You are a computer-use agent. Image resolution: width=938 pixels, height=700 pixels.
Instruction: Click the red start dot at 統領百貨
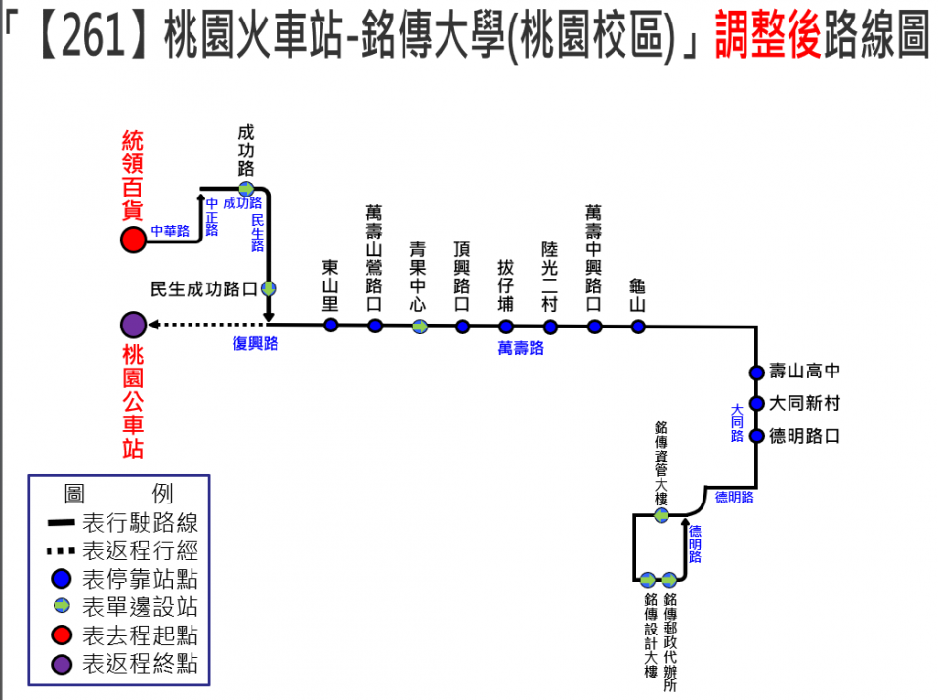click(x=133, y=240)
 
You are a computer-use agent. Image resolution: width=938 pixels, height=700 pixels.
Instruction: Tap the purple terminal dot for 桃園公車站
click(x=133, y=325)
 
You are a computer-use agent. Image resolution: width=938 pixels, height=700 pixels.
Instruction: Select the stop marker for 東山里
click(x=331, y=325)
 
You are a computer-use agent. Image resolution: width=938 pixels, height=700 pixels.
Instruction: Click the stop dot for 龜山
click(x=638, y=326)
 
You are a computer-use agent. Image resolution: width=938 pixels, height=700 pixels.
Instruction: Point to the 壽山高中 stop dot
click(x=756, y=372)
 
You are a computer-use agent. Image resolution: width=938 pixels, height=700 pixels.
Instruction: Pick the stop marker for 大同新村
click(x=756, y=403)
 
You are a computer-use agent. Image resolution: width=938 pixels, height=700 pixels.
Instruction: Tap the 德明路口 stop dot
click(x=756, y=436)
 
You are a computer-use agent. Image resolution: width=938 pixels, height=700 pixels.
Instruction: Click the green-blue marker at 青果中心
click(x=419, y=326)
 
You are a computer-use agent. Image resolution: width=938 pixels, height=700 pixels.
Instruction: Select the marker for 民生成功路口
click(x=267, y=288)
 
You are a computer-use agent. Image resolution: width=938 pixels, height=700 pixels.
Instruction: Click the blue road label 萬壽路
click(x=521, y=347)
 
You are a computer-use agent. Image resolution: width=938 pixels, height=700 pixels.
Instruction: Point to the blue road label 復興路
click(x=255, y=343)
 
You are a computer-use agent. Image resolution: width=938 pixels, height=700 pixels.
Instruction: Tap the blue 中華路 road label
click(x=170, y=232)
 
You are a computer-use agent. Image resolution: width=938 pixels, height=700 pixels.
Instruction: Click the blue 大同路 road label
click(x=738, y=422)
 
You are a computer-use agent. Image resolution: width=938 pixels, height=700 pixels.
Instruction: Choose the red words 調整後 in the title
click(x=767, y=37)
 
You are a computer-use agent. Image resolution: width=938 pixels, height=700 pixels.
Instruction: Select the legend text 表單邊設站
click(x=141, y=607)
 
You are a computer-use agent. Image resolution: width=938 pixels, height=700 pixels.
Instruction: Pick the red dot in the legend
click(x=62, y=635)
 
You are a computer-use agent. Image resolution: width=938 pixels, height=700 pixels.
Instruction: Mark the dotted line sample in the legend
click(x=61, y=550)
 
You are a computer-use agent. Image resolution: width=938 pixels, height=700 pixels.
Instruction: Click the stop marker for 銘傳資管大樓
click(x=661, y=515)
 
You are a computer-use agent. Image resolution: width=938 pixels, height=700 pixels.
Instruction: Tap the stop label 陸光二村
click(x=550, y=277)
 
